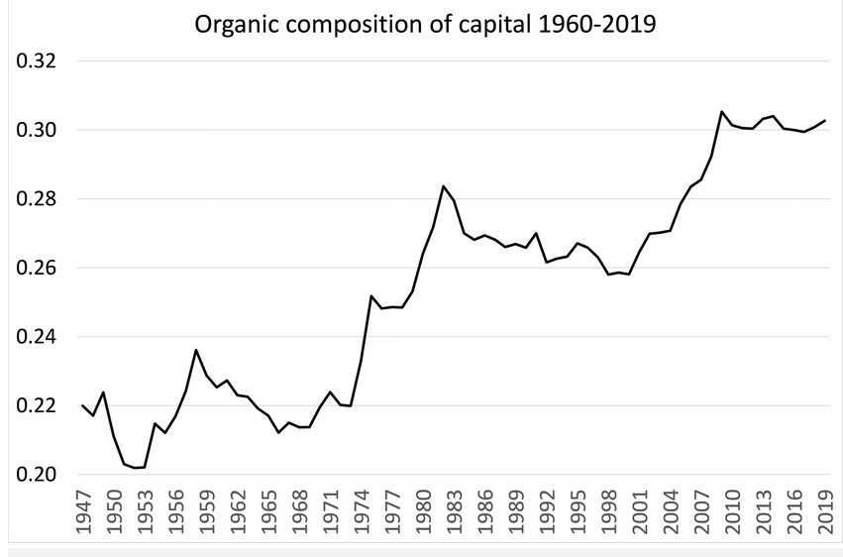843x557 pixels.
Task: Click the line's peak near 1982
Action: (444, 186)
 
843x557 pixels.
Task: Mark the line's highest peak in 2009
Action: (722, 111)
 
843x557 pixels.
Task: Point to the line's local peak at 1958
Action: (196, 350)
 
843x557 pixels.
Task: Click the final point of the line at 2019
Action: (825, 120)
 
